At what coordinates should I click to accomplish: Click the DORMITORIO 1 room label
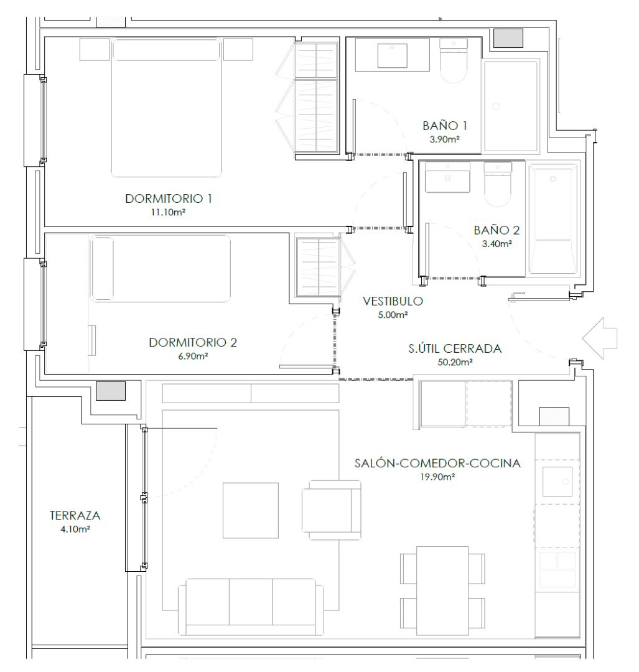[169, 199]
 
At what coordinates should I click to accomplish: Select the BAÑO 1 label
[444, 126]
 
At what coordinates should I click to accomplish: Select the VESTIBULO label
[393, 302]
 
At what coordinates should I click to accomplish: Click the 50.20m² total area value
[455, 362]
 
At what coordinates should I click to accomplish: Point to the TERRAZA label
[75, 516]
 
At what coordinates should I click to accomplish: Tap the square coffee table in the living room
[251, 510]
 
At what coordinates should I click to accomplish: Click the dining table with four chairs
[442, 582]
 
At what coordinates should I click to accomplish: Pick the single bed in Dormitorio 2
[161, 269]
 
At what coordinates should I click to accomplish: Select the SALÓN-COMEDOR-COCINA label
[437, 464]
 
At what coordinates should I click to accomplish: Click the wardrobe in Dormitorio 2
[318, 267]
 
